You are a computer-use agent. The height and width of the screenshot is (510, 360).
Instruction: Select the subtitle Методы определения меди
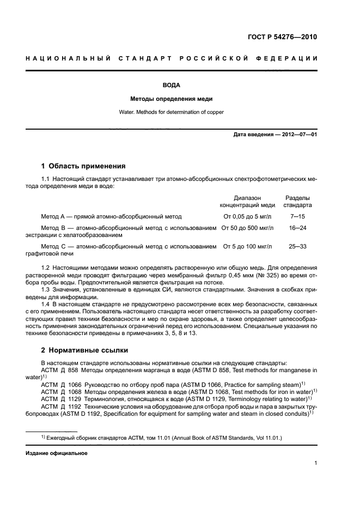coord(170,99)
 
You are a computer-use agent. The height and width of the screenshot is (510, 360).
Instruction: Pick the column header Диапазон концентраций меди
coord(247,202)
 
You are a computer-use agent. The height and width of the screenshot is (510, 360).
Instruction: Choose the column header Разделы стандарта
coord(297,202)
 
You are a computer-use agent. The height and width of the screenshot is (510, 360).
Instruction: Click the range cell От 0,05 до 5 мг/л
coord(247,216)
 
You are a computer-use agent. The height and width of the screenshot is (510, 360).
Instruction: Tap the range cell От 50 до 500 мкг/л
coord(248,227)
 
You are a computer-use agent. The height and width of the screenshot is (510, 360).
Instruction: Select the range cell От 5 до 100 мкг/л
coord(247,247)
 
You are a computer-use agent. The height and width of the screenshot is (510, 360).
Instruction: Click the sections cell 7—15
coord(297,216)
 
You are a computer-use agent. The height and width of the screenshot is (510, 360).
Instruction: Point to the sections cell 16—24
coord(297,227)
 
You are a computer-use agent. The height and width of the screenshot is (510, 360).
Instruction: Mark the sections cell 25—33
coord(297,247)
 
